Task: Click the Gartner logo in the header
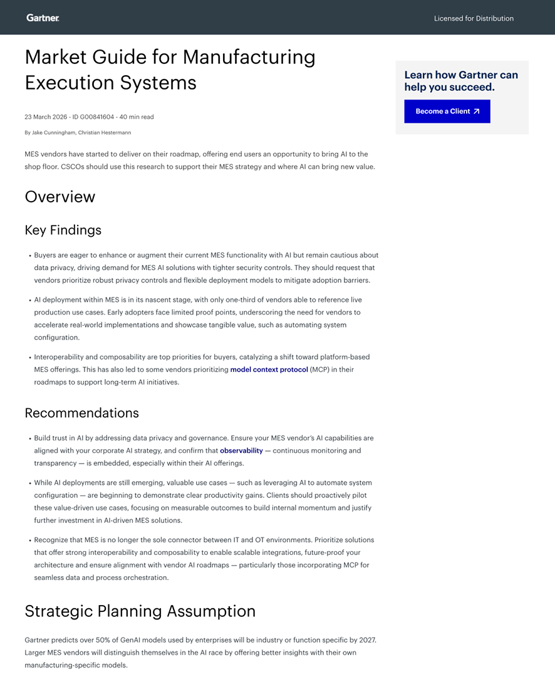[x=43, y=18]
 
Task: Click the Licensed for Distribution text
[x=474, y=19]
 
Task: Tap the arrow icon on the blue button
[x=477, y=111]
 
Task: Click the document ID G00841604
[x=93, y=117]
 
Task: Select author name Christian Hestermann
[x=105, y=133]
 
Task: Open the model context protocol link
[x=269, y=370]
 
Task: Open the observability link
[x=241, y=450]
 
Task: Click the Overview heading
[x=60, y=197]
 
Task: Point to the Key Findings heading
[x=63, y=230]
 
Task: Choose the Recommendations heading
[x=82, y=413]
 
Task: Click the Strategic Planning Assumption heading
[x=140, y=611]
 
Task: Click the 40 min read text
[x=136, y=117]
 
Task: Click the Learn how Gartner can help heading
[x=461, y=81]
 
